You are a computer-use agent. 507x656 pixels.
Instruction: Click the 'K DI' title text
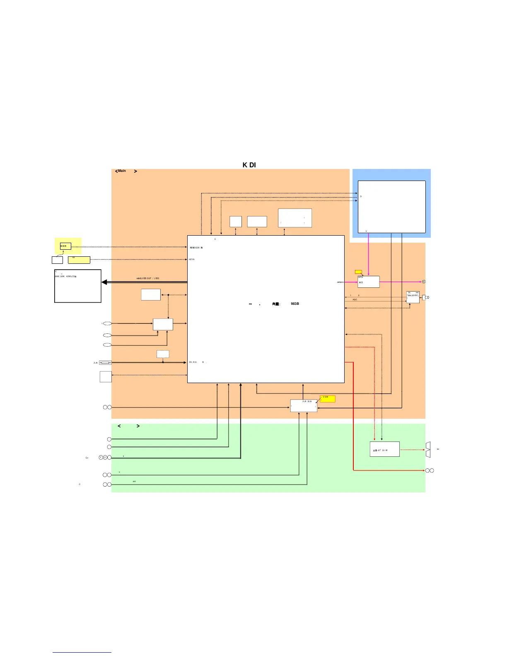coord(249,165)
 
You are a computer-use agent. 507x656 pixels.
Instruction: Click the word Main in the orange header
coord(122,171)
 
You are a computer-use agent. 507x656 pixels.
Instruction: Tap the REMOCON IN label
coord(196,248)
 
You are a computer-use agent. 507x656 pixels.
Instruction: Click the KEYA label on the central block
coord(192,260)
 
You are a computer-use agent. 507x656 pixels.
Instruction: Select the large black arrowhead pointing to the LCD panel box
coord(104,282)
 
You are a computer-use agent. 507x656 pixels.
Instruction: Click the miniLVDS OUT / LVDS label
coord(148,278)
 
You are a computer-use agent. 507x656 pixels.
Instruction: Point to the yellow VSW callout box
coord(328,399)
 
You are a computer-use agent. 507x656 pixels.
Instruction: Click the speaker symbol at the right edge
coord(428,450)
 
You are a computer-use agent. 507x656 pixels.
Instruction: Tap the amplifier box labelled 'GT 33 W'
coord(384,449)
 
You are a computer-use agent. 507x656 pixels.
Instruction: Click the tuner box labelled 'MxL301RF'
coord(413,297)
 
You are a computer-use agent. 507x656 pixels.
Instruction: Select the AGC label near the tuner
coord(355,299)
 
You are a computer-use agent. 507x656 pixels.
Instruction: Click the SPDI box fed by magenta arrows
coord(368,282)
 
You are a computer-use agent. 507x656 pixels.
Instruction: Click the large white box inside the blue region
coord(391,207)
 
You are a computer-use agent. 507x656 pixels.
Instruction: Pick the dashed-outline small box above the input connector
coord(163,354)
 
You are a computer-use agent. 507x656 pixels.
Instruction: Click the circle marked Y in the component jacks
coord(101,457)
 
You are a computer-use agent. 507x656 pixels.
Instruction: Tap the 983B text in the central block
coord(295,304)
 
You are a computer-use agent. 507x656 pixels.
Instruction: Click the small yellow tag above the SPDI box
coord(358,272)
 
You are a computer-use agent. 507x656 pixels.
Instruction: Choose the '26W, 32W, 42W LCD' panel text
coord(65,276)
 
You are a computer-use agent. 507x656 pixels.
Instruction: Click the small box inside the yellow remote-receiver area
coord(65,246)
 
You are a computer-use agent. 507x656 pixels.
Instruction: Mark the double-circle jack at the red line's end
coord(430,470)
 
